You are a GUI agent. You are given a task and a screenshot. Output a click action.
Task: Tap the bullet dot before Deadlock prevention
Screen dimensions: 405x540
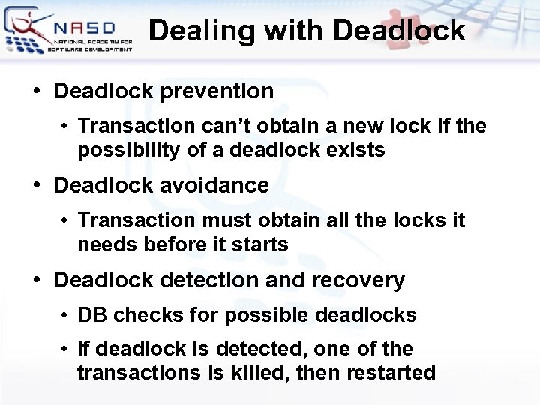pos(37,91)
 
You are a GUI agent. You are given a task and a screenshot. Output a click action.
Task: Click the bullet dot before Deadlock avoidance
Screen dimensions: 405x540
pos(37,185)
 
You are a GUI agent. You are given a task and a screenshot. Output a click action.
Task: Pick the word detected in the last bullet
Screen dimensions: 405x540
pos(253,349)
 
